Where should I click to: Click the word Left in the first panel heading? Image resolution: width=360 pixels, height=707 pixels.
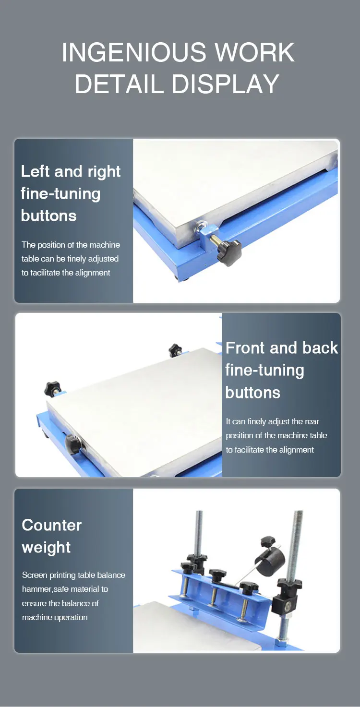35,171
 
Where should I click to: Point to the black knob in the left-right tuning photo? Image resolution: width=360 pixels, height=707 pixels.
228,252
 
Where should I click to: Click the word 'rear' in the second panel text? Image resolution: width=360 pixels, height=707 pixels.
312,421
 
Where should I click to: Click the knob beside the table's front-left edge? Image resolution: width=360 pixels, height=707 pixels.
72,443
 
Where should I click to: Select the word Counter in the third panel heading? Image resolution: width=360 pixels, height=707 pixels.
52,525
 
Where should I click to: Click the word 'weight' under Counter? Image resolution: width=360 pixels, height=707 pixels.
46,547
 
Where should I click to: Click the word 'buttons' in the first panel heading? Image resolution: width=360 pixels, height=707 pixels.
48,216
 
